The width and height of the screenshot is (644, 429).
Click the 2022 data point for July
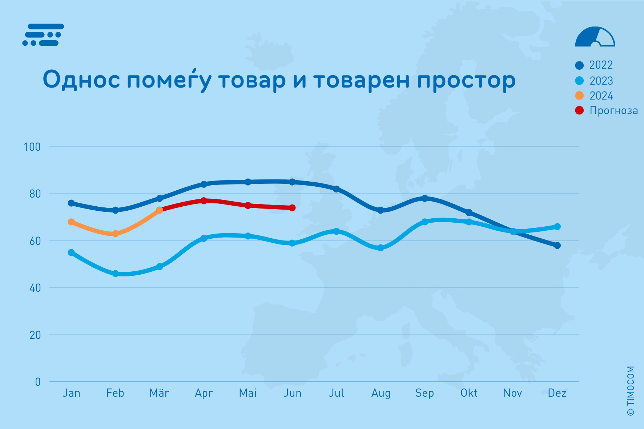tap(337, 189)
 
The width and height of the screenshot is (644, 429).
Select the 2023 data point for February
tap(115, 274)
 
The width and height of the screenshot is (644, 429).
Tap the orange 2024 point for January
tap(71, 222)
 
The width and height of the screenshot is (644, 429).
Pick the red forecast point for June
tap(292, 208)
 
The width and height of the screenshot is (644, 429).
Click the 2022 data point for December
tap(557, 246)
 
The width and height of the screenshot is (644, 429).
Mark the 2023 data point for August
tap(381, 248)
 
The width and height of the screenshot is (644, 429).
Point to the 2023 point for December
tap(557, 227)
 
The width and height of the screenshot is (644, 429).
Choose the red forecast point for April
tap(204, 201)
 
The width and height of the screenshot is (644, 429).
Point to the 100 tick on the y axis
tap(32, 147)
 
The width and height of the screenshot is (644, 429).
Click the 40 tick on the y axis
tap(35, 288)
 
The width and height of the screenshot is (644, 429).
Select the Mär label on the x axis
tap(159, 393)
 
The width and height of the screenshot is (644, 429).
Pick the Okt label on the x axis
tap(469, 393)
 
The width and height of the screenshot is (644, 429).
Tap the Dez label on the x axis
tap(557, 393)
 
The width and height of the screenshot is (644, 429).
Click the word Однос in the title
tap(81, 79)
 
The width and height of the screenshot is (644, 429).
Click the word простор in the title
tap(466, 80)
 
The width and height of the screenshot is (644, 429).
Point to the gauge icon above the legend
tap(595, 37)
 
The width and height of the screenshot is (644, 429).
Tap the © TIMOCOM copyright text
tap(631, 391)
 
